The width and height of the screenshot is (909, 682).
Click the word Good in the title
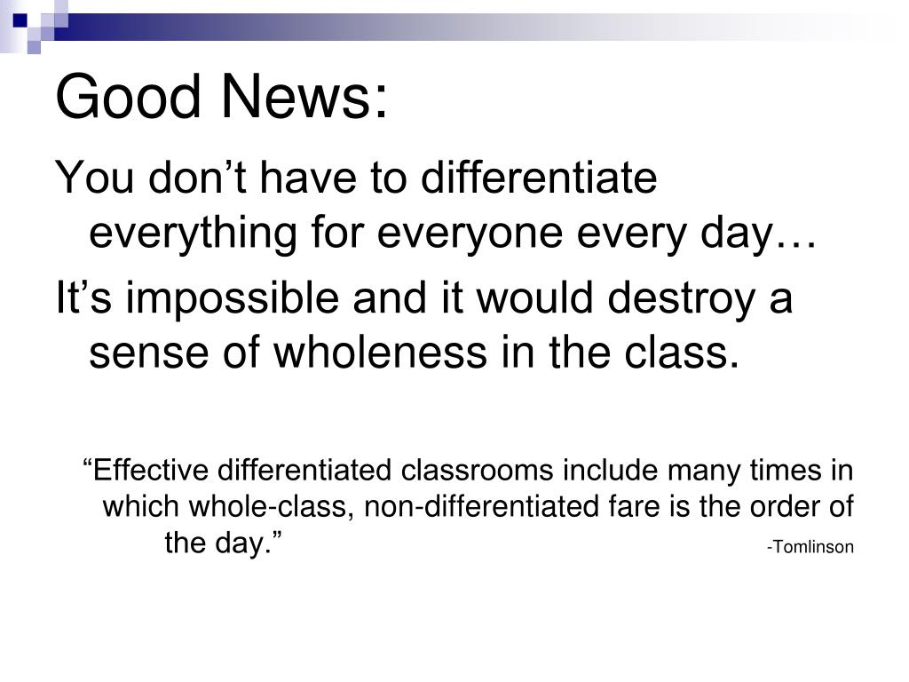(128, 96)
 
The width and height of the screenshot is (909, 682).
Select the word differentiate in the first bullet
(539, 177)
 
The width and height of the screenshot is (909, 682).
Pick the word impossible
(232, 298)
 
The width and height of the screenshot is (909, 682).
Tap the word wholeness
(380, 353)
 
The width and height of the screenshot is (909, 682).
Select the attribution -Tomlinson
(810, 547)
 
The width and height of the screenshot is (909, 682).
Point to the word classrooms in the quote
(477, 470)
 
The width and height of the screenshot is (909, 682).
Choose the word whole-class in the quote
(271, 506)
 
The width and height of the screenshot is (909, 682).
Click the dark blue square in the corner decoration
(21, 21)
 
